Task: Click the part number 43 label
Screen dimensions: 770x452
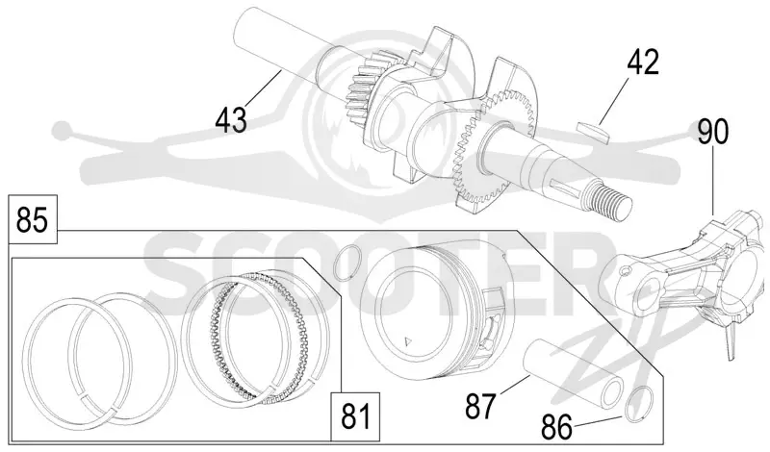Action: [x=231, y=119]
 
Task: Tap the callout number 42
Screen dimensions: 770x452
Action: [x=643, y=63]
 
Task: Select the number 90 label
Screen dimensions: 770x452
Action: [x=712, y=133]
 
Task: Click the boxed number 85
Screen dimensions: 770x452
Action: [x=33, y=219]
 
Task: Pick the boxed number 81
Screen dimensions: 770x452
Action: [x=355, y=417]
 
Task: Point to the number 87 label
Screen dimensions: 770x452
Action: [x=480, y=406]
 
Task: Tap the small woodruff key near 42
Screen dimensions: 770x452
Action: [x=593, y=131]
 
